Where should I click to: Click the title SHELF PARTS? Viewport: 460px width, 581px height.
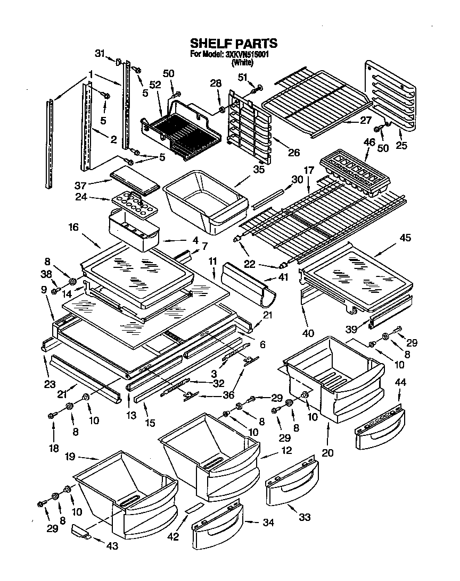point(234,43)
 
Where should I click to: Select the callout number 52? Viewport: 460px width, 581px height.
point(155,84)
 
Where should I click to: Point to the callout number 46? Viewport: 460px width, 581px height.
point(369,142)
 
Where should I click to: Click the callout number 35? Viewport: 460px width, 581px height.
point(259,170)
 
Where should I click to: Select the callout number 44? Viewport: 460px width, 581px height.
point(400,382)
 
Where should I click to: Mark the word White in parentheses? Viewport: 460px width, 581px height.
point(242,62)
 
